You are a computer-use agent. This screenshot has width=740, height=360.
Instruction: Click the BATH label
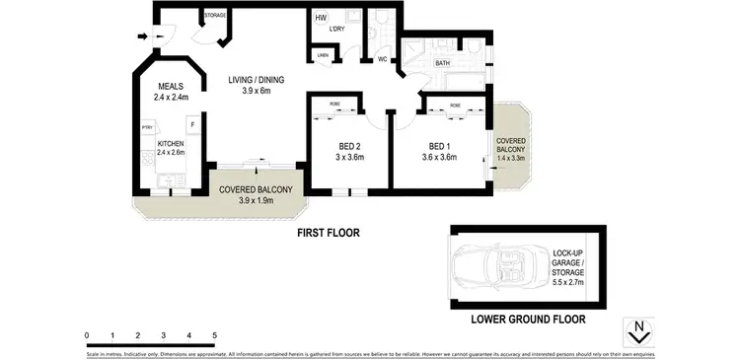[x=441, y=63]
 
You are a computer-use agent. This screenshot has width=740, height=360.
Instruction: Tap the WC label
[x=383, y=60]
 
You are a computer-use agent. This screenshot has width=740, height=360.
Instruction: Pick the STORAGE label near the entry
[x=214, y=16]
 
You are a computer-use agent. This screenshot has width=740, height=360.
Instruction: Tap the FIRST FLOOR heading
[x=330, y=234]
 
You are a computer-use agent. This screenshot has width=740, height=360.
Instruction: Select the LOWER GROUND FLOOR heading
[x=528, y=319]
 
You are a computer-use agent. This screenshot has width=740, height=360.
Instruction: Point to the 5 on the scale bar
[x=214, y=336]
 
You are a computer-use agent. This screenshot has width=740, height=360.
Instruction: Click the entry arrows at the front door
[x=146, y=37]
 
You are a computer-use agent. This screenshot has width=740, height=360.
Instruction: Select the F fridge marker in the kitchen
[x=192, y=125]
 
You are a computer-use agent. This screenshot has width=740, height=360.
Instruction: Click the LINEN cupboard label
[x=323, y=56]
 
